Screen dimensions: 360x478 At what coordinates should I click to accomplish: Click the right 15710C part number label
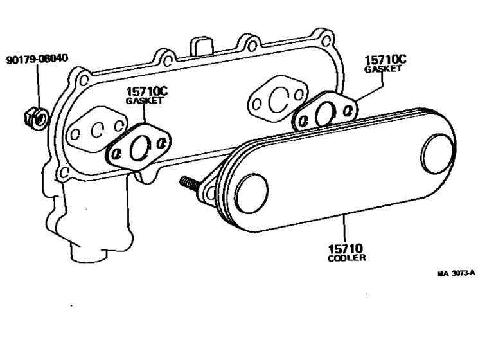point(385,60)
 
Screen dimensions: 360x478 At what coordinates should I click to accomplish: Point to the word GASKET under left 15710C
point(145,101)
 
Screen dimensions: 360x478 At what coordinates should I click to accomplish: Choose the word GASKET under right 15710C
point(384,69)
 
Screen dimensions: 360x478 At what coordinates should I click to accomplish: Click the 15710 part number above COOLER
point(346,248)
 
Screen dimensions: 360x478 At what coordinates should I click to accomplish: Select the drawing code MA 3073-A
point(456,273)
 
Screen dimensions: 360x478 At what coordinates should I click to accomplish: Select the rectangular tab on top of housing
point(202,46)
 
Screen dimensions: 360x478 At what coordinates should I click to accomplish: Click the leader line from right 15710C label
point(373,87)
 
